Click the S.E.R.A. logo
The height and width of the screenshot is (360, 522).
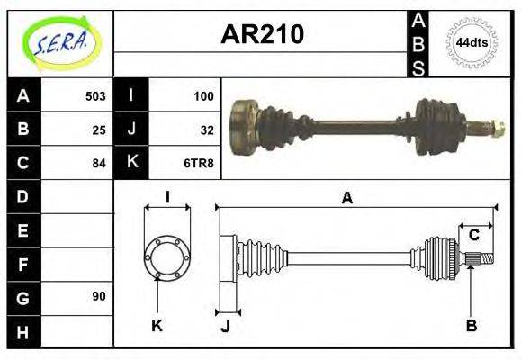tap(60, 43)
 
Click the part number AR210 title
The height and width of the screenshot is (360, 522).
tap(262, 35)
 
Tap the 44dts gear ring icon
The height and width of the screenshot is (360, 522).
tap(471, 42)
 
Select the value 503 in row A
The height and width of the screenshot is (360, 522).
tap(95, 96)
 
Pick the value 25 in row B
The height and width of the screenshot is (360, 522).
tap(99, 130)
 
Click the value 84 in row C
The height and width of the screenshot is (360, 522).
tap(99, 163)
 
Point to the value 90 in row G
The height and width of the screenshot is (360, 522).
tap(99, 296)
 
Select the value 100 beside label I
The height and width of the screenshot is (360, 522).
tap(203, 96)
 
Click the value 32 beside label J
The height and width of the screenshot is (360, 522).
tap(207, 130)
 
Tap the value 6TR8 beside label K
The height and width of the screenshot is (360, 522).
tap(200, 163)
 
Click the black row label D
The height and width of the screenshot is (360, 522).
tap(22, 196)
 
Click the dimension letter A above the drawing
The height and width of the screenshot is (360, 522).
tap(347, 199)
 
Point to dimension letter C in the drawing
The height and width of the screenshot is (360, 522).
tap(473, 235)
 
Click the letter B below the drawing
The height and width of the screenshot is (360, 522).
tap(471, 326)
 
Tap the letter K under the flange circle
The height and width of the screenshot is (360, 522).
tap(157, 326)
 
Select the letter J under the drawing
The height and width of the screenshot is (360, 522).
tap(225, 327)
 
